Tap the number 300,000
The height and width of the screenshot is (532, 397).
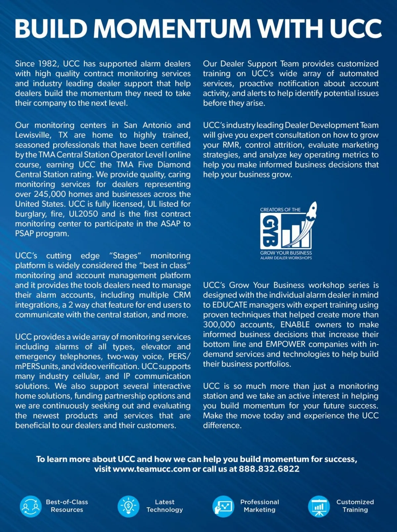tap(219, 325)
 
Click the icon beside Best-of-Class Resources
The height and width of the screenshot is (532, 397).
tap(31, 506)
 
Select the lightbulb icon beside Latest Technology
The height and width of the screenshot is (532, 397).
tap(128, 506)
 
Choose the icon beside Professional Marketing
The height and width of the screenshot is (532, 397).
tap(223, 506)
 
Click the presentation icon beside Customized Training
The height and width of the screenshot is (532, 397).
tap(319, 506)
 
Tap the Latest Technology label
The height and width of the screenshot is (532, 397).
tap(164, 506)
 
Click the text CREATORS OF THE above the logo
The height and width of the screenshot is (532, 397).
tap(280, 210)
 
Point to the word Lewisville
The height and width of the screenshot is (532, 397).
tap(33, 135)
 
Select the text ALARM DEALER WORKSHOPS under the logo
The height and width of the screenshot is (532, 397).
tap(286, 258)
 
